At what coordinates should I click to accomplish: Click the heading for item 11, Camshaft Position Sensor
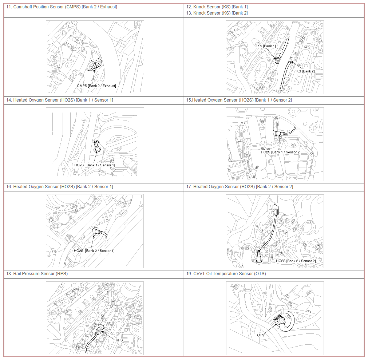coord(62,7)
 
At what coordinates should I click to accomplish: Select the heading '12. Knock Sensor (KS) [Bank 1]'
coord(217,7)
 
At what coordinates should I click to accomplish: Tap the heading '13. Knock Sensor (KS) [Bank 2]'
coord(217,13)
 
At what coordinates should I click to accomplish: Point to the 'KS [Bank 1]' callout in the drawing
coord(266,46)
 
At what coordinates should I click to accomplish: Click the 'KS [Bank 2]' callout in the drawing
coord(305,71)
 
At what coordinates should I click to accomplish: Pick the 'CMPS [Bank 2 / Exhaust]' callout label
coord(96,86)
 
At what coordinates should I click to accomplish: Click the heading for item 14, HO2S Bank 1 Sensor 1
coord(60,100)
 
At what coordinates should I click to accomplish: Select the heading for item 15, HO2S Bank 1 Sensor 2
coord(239,100)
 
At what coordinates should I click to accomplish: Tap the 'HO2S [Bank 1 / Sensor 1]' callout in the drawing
coord(95,165)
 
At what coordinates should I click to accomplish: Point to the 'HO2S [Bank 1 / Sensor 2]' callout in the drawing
coord(281,152)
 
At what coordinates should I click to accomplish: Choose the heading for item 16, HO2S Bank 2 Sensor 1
coord(60,187)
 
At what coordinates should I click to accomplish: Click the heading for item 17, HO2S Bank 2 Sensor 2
coord(240,187)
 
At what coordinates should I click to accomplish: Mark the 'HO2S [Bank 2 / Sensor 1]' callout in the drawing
coord(94,251)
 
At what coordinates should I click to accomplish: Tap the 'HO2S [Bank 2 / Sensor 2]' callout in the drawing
coord(296,261)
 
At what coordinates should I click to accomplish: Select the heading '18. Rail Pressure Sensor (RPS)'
coord(37,274)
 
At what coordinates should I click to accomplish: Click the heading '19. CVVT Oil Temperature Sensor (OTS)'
coord(226,274)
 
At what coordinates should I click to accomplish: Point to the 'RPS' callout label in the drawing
coord(119,340)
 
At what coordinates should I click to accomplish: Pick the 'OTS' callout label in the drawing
coord(261,335)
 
